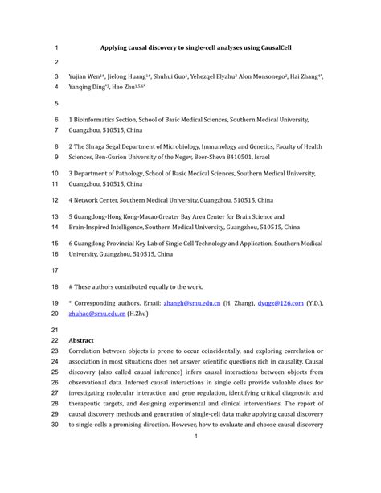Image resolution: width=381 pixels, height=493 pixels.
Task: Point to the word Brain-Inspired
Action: [x=93, y=227]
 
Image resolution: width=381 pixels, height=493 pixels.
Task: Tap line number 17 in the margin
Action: [x=55, y=270]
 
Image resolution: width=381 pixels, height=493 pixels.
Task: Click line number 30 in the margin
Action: [x=55, y=424]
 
